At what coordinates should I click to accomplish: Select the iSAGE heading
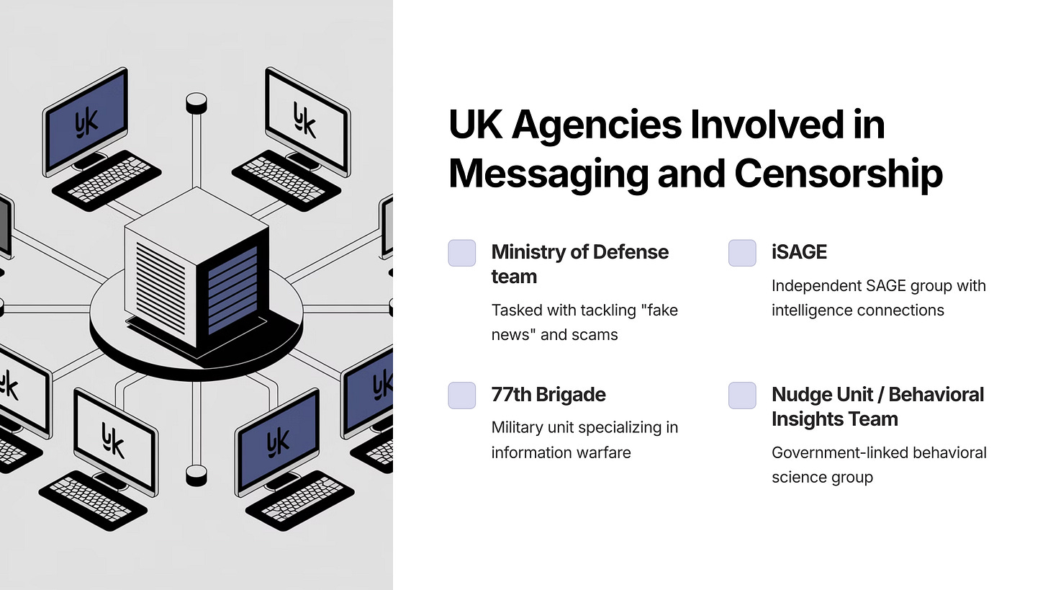[x=799, y=252]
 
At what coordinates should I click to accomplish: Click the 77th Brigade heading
[x=548, y=395]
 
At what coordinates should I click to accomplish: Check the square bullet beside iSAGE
[x=742, y=253]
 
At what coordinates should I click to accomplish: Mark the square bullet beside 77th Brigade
[x=462, y=395]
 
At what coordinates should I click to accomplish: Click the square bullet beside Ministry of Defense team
[x=462, y=253]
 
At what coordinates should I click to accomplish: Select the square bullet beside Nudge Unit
[x=742, y=395]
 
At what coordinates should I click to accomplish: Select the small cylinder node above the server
[x=196, y=103]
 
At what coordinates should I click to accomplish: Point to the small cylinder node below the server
[x=196, y=475]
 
